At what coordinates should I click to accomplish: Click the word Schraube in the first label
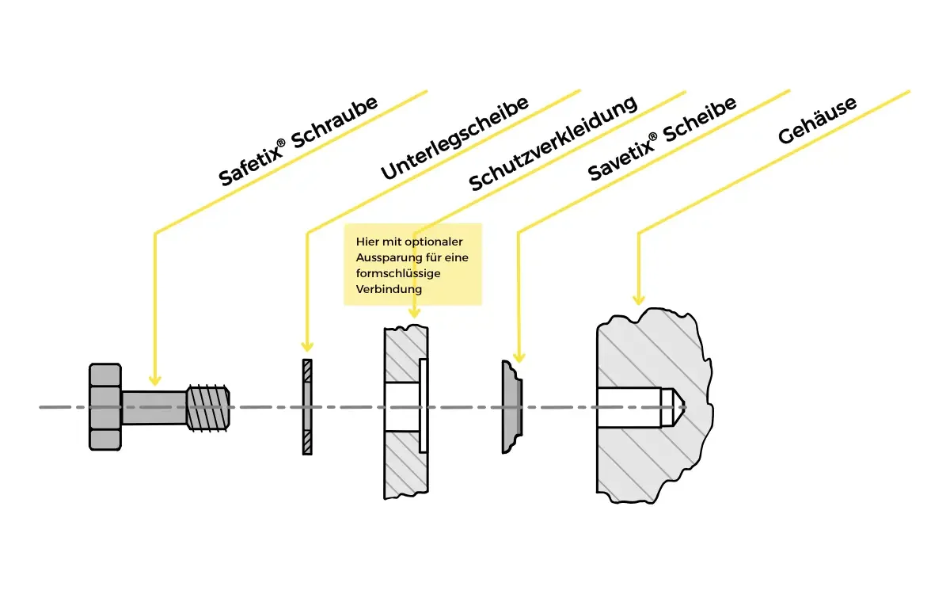pyautogui.click(x=335, y=123)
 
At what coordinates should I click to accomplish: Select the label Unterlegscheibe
pyautogui.click(x=454, y=138)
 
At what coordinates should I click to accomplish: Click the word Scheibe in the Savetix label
pyautogui.click(x=700, y=120)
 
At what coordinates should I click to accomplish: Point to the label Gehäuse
pyautogui.click(x=818, y=120)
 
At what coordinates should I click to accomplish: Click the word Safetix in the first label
pyautogui.click(x=251, y=163)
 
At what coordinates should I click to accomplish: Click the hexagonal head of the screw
pyautogui.click(x=105, y=406)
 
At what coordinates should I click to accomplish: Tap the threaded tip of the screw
pyautogui.click(x=208, y=408)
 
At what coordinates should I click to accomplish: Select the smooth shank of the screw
pyautogui.click(x=154, y=407)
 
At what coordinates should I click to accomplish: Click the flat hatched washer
pyautogui.click(x=307, y=407)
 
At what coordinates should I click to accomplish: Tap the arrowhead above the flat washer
pyautogui.click(x=307, y=346)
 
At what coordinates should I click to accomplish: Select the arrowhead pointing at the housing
pyautogui.click(x=639, y=299)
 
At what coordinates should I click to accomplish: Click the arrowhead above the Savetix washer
pyautogui.click(x=519, y=357)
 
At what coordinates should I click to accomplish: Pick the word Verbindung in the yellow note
pyautogui.click(x=389, y=289)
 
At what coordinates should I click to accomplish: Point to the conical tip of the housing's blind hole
pyautogui.click(x=672, y=407)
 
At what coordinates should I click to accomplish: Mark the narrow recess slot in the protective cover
pyautogui.click(x=424, y=406)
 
